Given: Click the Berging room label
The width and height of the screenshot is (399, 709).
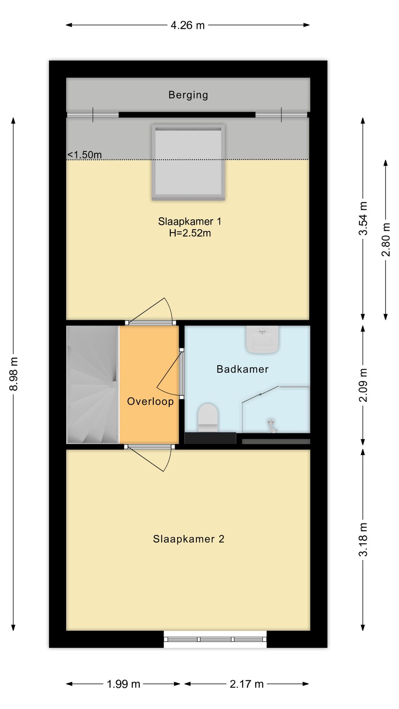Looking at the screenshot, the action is tap(188, 95).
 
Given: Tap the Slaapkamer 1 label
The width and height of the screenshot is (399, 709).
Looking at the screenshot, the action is tap(190, 222).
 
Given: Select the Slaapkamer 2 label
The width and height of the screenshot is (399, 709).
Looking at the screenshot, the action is tap(189, 539).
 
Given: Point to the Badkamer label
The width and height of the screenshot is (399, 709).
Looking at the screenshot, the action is tap(242, 369).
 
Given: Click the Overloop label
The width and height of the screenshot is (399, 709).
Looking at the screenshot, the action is tap(150, 401).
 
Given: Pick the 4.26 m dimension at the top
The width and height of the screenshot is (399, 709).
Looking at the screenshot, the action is tap(188, 25).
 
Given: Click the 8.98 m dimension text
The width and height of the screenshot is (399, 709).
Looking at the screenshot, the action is tap(14, 374).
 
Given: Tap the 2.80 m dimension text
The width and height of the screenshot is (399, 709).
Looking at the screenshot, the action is tap(386, 240).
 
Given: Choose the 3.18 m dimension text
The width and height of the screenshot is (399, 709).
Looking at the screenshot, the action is tap(364, 540).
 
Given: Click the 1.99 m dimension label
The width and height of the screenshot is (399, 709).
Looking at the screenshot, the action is tap(123, 684).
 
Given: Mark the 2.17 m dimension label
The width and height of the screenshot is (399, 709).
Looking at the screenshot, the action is tap(247, 684).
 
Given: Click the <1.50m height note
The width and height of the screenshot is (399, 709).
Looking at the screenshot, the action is tap(85, 155).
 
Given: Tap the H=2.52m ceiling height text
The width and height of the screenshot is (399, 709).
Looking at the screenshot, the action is tap(190, 233).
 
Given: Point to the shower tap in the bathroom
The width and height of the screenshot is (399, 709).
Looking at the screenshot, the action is tap(272, 425).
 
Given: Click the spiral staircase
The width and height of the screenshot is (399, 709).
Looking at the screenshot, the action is tap(93, 384).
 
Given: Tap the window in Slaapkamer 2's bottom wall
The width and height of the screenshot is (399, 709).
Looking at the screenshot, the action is tap(215, 639).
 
